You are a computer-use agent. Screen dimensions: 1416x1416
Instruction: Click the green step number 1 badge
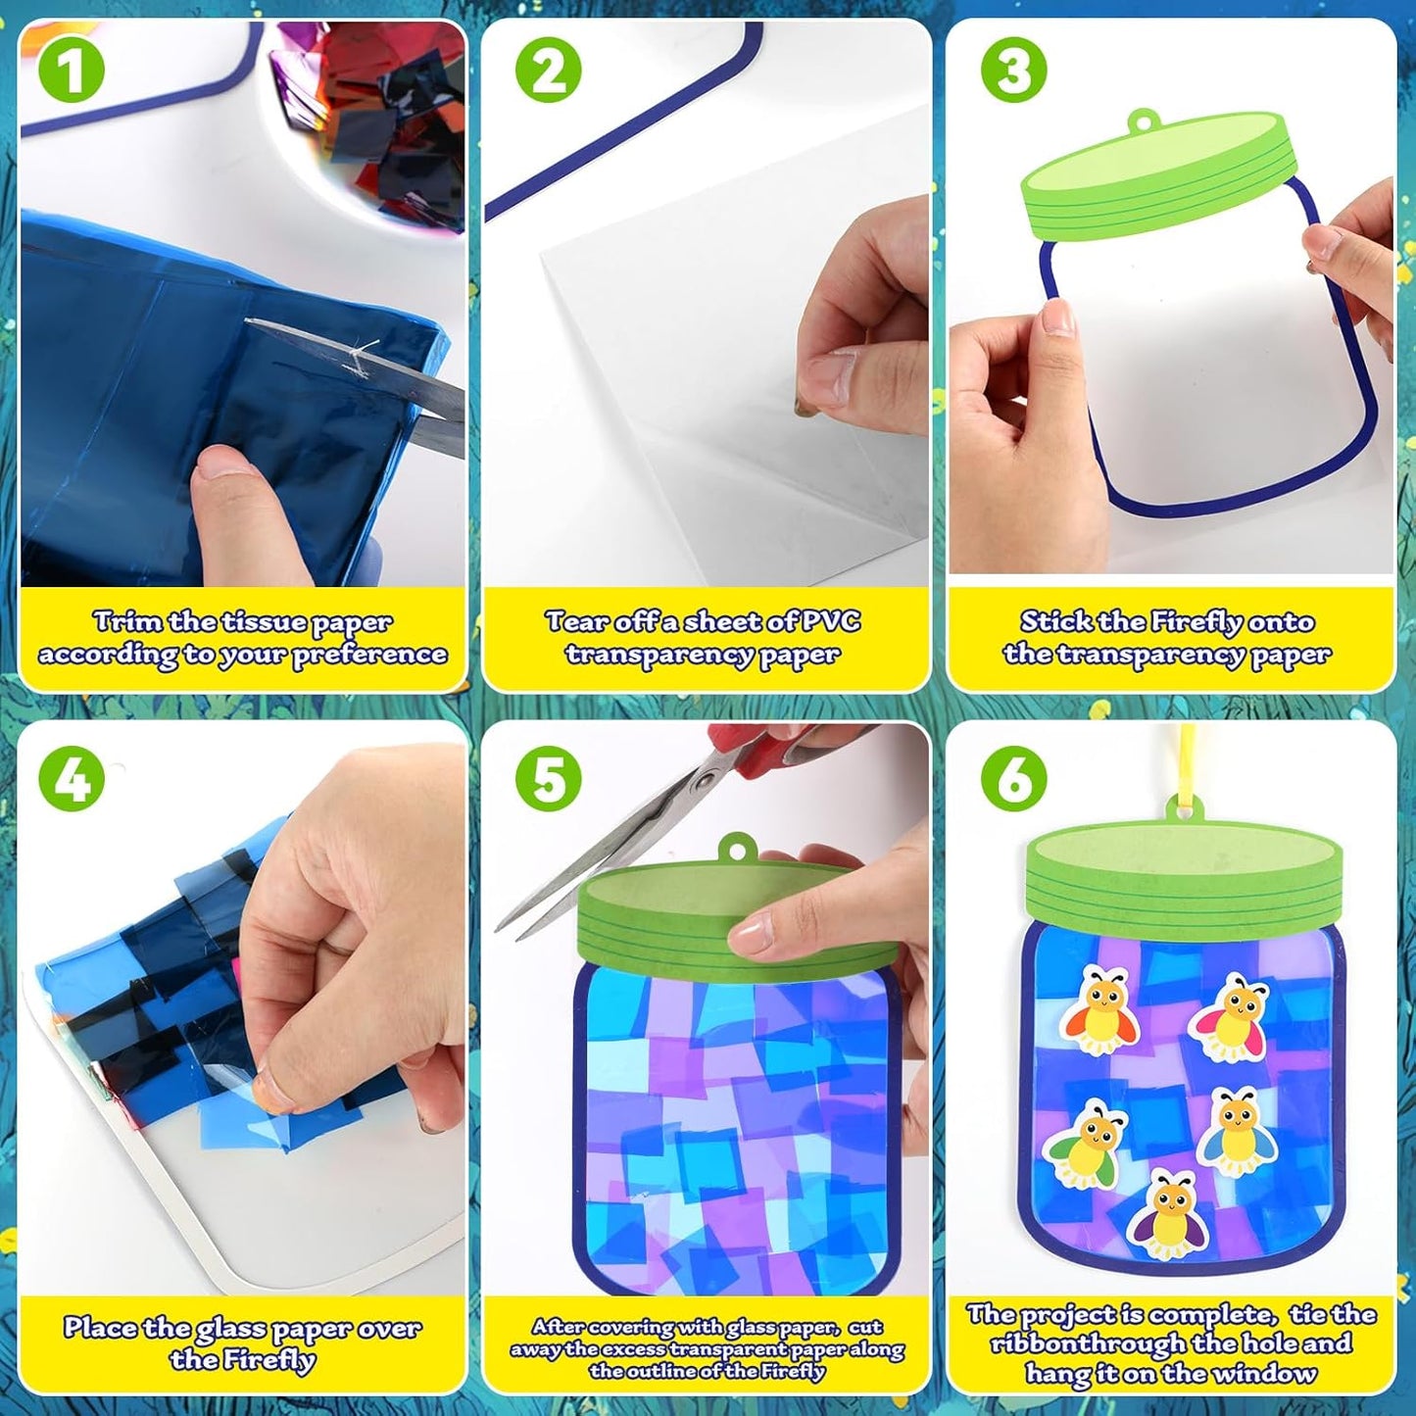[x=72, y=72]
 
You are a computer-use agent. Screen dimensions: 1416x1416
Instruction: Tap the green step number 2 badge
[x=548, y=72]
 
